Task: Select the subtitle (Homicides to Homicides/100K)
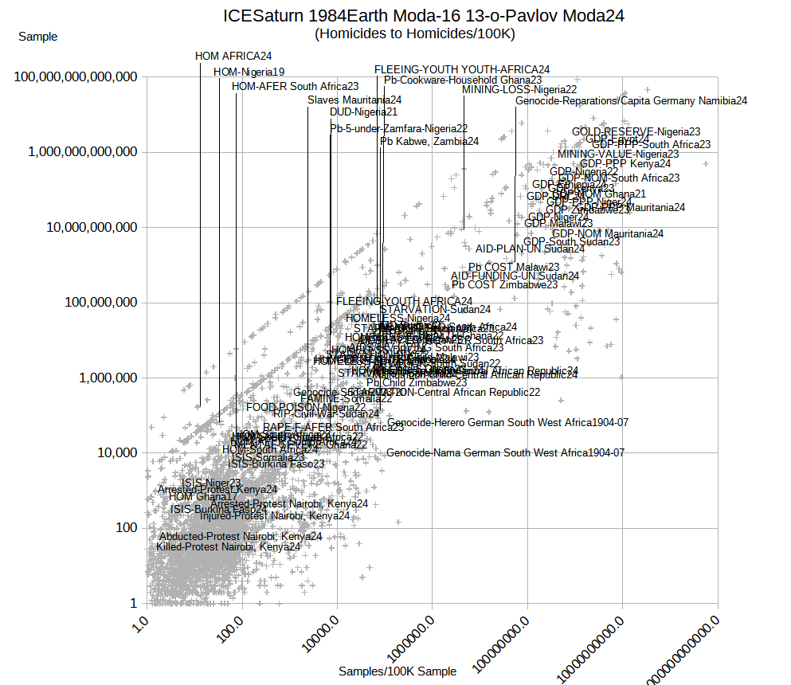click(x=415, y=33)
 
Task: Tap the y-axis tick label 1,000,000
click(x=108, y=378)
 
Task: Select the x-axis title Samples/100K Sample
click(x=397, y=671)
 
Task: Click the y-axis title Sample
click(x=37, y=37)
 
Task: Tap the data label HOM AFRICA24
click(x=233, y=56)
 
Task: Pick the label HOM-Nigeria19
click(x=249, y=72)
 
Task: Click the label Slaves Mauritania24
click(x=354, y=100)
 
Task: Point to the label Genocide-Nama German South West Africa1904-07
click(x=505, y=452)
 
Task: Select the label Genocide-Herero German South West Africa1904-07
click(x=507, y=422)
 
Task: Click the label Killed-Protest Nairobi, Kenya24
click(x=228, y=546)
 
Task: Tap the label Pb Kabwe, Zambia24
click(x=429, y=141)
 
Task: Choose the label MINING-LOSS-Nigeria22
click(x=519, y=90)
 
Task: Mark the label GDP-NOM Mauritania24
click(x=608, y=233)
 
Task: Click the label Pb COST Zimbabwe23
click(x=504, y=284)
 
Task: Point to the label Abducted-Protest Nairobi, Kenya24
click(x=240, y=536)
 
